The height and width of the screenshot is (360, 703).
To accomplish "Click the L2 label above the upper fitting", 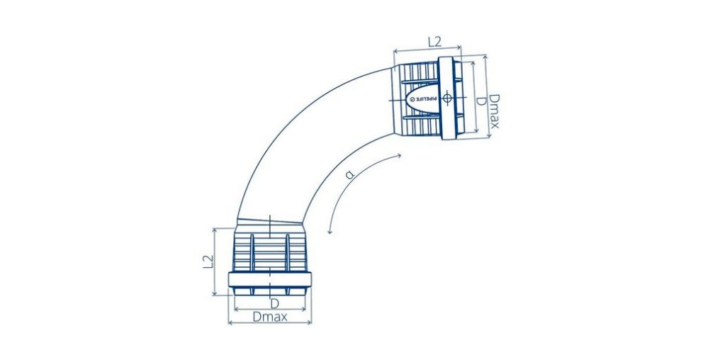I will [437, 42].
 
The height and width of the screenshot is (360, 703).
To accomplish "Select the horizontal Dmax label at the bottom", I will [270, 317].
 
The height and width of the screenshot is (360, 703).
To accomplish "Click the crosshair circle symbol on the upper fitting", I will [448, 99].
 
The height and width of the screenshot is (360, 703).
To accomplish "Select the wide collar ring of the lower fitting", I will [269, 279].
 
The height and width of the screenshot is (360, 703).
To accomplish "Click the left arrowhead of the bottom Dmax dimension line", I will [230, 323].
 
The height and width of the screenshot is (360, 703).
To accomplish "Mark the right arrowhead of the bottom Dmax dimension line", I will [310, 323].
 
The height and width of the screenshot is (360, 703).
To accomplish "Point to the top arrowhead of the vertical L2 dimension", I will [213, 230].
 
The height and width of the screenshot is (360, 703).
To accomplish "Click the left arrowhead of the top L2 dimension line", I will [395, 50].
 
